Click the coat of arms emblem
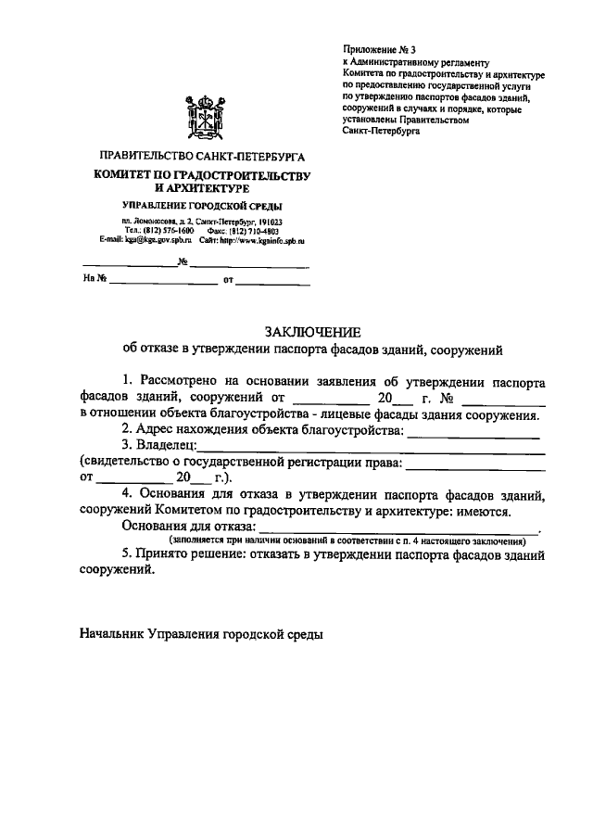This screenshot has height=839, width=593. (x=205, y=115)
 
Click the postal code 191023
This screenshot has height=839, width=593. (x=268, y=221)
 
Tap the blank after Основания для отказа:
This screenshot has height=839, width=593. (x=398, y=527)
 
